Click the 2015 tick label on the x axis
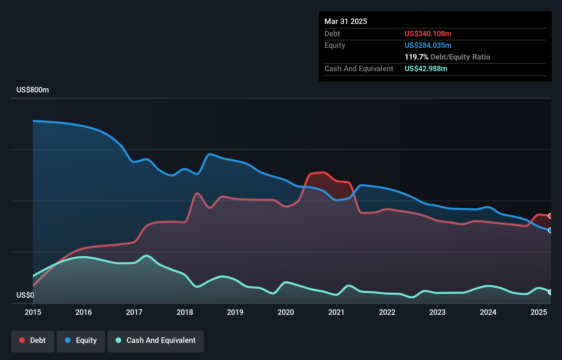pos(33,312)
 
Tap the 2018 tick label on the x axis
pos(185,312)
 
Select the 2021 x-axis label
pos(336,312)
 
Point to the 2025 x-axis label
pos(539,312)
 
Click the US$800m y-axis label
pos(33,90)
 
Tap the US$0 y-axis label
pos(25,295)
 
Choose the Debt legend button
pos(33,340)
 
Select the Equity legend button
pos(81,340)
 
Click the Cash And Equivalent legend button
pos(156,340)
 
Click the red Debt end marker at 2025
pos(550,216)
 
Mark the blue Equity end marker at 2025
pos(550,230)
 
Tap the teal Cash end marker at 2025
pos(550,292)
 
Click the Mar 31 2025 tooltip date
pos(346,22)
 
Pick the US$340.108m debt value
pos(428,34)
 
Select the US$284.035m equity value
pos(428,46)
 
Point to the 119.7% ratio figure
pos(417,57)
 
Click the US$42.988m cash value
pos(426,69)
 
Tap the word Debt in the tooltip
pos(332,34)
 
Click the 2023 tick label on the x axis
pos(437,312)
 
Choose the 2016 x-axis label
pos(84,312)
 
